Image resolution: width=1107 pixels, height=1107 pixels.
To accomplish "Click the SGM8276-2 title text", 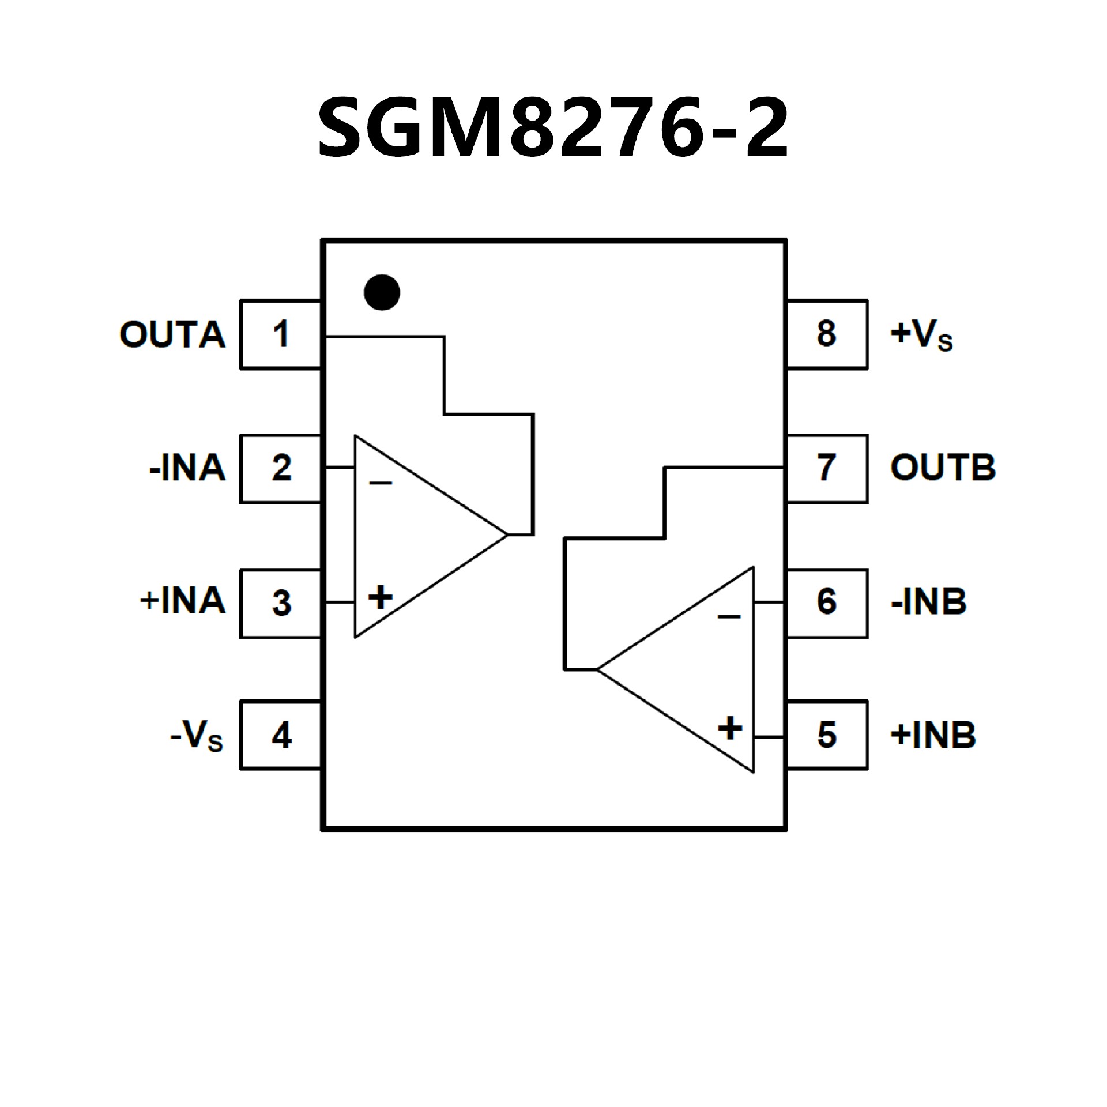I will [553, 128].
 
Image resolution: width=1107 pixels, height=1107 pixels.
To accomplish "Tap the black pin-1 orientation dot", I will [382, 292].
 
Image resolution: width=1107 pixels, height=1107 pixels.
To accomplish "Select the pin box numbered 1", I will [280, 334].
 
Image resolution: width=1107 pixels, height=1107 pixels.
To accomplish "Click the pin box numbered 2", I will [280, 468].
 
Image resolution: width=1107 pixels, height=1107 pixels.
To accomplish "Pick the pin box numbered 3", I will [280, 603].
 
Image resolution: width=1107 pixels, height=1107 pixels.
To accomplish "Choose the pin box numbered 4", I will [280, 736].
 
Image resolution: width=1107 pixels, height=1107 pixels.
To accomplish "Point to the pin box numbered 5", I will [827, 735].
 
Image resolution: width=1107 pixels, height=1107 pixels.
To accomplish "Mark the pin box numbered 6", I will [827, 603].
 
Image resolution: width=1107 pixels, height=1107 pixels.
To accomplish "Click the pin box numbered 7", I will [827, 468].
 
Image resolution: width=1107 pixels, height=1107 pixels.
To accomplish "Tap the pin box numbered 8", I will [827, 334].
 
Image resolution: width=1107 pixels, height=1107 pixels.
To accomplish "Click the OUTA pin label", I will [172, 334].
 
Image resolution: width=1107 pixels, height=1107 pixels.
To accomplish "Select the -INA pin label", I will [187, 468].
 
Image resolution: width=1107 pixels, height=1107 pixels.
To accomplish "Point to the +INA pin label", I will [182, 601].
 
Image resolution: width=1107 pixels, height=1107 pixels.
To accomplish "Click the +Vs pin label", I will [921, 334].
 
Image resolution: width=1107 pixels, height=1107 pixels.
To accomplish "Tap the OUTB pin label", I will [943, 468].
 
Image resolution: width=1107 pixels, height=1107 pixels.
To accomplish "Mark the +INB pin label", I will [933, 736].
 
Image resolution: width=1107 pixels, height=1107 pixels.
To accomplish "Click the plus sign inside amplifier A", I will [380, 597].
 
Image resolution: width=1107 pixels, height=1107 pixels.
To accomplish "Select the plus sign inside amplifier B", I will [730, 728].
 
